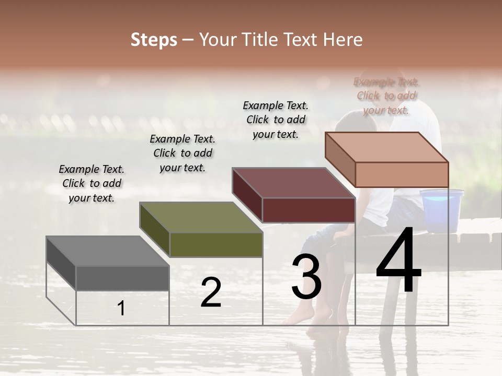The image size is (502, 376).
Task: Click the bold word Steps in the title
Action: click(154, 40)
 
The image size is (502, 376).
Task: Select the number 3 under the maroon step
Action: click(306, 277)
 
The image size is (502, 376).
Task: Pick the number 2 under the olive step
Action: click(211, 292)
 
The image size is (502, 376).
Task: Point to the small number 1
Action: click(121, 308)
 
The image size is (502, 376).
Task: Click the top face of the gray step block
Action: click(107, 251)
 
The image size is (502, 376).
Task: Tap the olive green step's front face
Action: click(216, 244)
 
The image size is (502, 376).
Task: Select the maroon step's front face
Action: click(309, 210)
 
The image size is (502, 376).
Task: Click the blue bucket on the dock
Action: click(442, 209)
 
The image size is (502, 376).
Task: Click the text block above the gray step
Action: click(92, 183)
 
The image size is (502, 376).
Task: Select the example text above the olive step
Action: click(182, 153)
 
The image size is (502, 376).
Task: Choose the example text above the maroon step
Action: click(276, 120)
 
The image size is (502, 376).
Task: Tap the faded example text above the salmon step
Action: click(386, 96)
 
